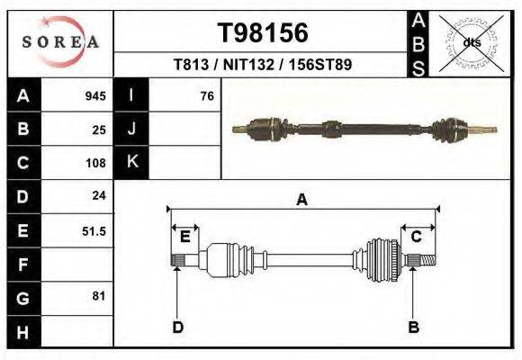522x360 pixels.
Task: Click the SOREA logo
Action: tap(60, 42)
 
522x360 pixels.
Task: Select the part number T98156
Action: tap(264, 33)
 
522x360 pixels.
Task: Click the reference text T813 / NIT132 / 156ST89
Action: tap(263, 65)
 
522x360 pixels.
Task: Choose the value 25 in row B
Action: tap(99, 130)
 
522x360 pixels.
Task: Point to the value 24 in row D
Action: tap(99, 194)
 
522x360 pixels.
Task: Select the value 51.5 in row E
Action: tap(94, 230)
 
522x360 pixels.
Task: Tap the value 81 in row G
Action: tap(99, 295)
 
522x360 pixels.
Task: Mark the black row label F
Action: tap(23, 265)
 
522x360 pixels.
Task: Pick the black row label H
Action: tap(23, 332)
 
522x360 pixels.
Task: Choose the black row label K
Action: tap(131, 163)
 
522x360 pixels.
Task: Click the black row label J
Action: tap(131, 130)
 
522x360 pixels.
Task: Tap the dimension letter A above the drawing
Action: tap(302, 201)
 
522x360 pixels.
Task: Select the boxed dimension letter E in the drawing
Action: tap(184, 237)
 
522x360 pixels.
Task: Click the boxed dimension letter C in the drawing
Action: tap(417, 237)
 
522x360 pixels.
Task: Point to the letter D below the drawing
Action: tap(178, 327)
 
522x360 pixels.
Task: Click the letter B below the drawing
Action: tap(414, 327)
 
